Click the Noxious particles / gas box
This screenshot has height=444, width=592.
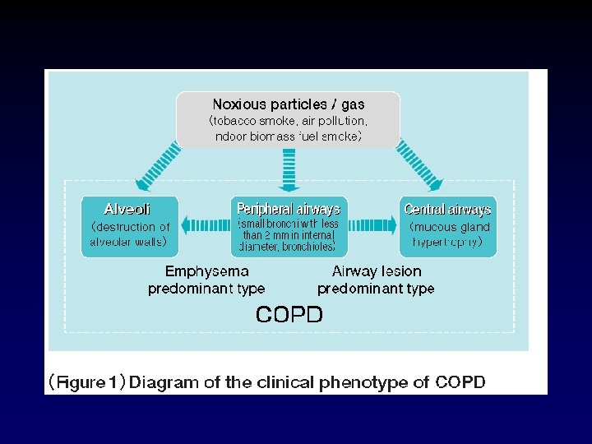pos(288,119)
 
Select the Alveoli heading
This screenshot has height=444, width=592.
pos(127,209)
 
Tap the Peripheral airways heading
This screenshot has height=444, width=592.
pos(288,209)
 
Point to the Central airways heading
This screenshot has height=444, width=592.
pos(447,209)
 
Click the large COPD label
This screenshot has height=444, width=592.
pos(289,314)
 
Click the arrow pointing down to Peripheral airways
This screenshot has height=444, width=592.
pos(289,170)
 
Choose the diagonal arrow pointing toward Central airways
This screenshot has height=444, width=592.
pos(420,167)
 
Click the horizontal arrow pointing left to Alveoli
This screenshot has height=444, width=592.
pos(204,224)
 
